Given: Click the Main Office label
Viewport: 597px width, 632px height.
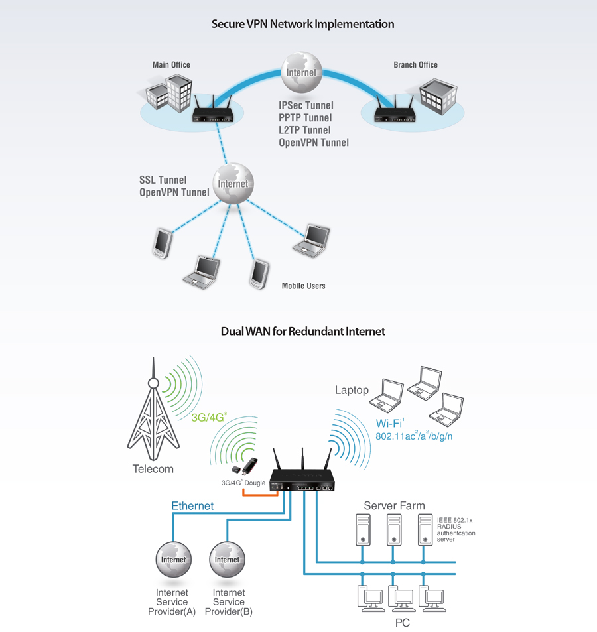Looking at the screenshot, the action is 171,64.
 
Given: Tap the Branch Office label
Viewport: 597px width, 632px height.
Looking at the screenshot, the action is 415,64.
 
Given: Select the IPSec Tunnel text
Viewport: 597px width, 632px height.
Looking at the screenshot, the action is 306,105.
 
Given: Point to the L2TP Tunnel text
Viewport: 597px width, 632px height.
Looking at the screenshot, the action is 304,130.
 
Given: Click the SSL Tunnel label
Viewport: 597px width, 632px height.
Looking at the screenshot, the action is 163,180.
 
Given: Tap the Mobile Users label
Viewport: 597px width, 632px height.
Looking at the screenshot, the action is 303,286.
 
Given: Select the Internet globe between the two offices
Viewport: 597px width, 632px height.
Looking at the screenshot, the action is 302,72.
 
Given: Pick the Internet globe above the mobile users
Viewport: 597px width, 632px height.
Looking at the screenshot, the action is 233,184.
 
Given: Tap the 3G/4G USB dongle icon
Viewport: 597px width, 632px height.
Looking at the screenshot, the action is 245,466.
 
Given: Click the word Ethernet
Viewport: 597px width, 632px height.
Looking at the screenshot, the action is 192,506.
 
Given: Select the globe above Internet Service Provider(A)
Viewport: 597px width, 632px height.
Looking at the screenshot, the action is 173,560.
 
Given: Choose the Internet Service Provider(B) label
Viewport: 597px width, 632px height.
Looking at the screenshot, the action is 229,601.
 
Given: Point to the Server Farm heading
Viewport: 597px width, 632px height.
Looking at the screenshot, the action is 394,505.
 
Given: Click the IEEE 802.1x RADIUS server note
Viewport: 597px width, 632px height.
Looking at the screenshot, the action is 456,530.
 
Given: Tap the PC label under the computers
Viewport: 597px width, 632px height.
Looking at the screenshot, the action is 402,623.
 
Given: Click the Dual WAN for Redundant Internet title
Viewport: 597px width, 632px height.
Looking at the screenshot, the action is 302,332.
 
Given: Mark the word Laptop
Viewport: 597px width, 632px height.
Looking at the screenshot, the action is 352,390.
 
